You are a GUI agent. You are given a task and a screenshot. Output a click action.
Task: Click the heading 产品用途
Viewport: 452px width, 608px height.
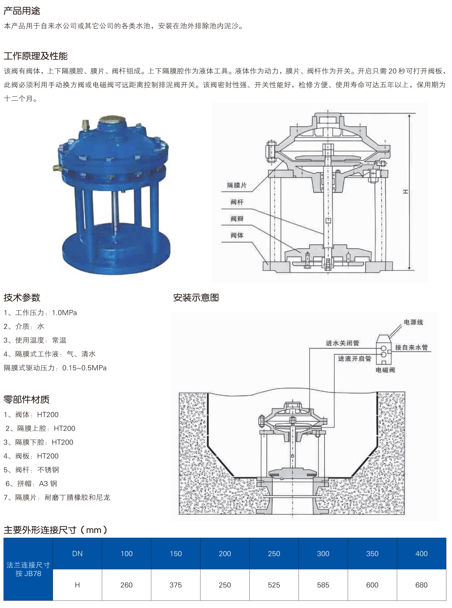[x=22, y=11]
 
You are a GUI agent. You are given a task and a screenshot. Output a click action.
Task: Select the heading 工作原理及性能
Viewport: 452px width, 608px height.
[x=36, y=56]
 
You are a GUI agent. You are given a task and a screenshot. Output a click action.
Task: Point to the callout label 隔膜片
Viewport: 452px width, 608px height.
[x=237, y=185]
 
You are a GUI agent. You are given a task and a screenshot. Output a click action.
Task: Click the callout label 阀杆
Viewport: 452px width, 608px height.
[x=237, y=202]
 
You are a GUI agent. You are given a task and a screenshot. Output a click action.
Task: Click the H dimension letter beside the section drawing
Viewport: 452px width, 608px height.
[x=406, y=192]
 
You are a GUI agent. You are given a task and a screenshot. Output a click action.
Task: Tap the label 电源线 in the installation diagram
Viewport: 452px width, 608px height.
[x=413, y=322]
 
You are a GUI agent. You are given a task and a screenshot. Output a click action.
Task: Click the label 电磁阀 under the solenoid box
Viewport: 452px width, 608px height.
[x=385, y=370]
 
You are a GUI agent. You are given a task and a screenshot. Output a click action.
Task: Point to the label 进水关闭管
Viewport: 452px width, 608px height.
[x=342, y=343]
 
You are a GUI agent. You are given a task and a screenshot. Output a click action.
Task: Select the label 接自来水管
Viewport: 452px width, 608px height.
[x=411, y=347]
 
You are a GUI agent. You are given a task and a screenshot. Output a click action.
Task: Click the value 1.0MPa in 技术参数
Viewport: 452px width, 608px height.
[x=64, y=313]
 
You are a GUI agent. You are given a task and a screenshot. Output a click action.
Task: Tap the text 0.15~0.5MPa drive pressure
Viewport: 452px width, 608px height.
[x=84, y=368]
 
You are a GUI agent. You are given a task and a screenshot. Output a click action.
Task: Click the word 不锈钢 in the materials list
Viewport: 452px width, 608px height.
[x=48, y=470]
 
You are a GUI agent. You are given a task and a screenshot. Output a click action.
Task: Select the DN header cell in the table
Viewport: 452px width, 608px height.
[x=77, y=554]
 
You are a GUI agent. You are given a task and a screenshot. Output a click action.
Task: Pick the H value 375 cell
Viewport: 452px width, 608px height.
[x=175, y=585]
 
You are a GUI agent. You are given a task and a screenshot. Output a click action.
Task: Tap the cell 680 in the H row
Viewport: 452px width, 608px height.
[x=421, y=585]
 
